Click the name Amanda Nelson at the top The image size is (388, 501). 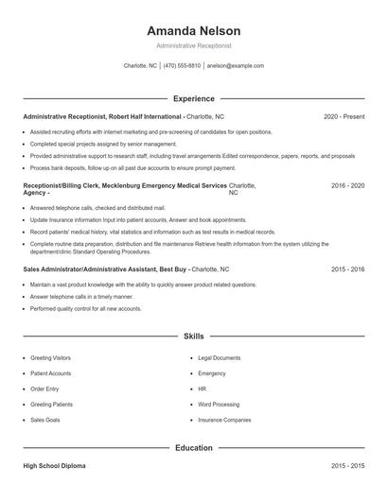coord(193,30)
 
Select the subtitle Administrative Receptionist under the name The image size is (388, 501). coord(193,45)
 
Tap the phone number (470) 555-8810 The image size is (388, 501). coord(183,66)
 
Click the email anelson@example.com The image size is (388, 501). coord(236,66)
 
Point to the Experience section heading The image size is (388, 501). coord(193,98)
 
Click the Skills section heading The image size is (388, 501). coord(193,336)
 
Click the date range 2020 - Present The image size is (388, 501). coord(344,117)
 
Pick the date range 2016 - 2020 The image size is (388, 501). coord(347,187)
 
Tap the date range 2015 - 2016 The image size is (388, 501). coord(347,269)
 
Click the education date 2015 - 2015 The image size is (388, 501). coord(347,467)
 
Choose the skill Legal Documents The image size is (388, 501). coord(219,358)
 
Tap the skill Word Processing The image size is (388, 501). coord(219,404)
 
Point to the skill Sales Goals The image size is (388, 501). coord(45,419)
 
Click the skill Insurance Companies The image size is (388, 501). coord(224,419)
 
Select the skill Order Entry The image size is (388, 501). coord(45,389)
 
